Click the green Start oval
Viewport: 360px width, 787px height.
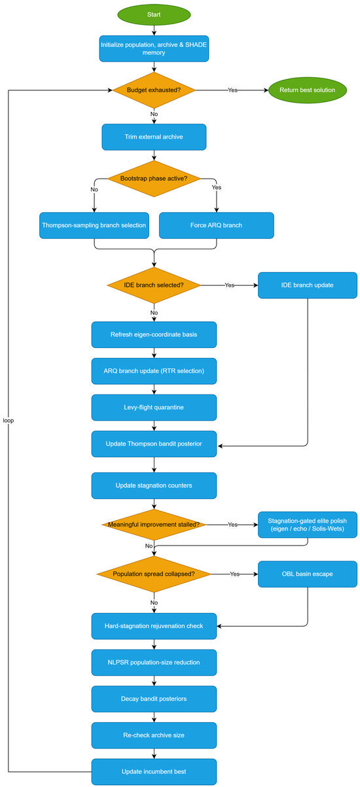point(154,15)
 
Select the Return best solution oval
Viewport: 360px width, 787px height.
point(307,90)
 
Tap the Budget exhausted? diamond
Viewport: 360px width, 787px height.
point(154,90)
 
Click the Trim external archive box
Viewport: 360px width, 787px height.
point(154,137)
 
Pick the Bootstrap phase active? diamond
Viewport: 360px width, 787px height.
point(154,179)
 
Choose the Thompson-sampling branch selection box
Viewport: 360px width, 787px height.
point(94,226)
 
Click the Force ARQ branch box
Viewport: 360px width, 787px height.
point(217,226)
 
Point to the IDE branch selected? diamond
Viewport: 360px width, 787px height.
point(154,285)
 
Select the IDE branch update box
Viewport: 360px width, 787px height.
point(308,285)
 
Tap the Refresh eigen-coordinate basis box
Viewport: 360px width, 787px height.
point(154,335)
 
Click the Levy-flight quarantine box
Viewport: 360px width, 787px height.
point(154,408)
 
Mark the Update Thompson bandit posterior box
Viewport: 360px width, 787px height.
point(154,444)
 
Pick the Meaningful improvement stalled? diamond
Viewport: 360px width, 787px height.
point(154,525)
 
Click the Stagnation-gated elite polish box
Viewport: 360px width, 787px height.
point(308,525)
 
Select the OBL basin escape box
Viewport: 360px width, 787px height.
point(308,574)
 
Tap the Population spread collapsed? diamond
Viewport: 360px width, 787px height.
point(154,574)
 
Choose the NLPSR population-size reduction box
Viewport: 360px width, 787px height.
point(154,663)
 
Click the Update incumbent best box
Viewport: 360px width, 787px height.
point(154,772)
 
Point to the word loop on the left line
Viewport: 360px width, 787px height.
point(9,421)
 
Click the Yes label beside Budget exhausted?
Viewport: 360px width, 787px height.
point(232,90)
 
